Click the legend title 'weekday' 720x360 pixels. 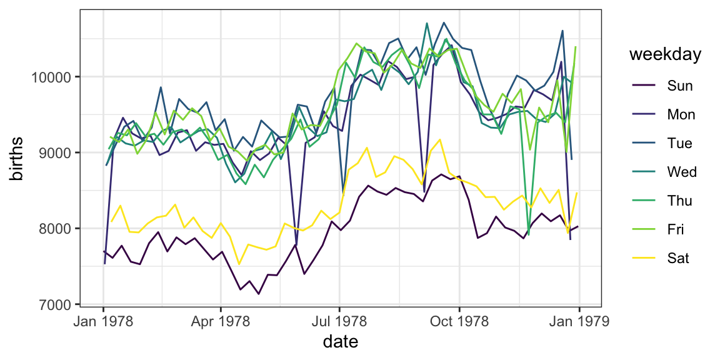(665, 55)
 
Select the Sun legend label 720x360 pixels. (680, 86)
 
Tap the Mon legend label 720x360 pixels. (681, 114)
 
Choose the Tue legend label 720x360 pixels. (680, 143)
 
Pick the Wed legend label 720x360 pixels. (681, 172)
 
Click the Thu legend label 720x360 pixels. (680, 201)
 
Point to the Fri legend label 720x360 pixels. (676, 229)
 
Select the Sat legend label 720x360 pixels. (678, 258)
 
